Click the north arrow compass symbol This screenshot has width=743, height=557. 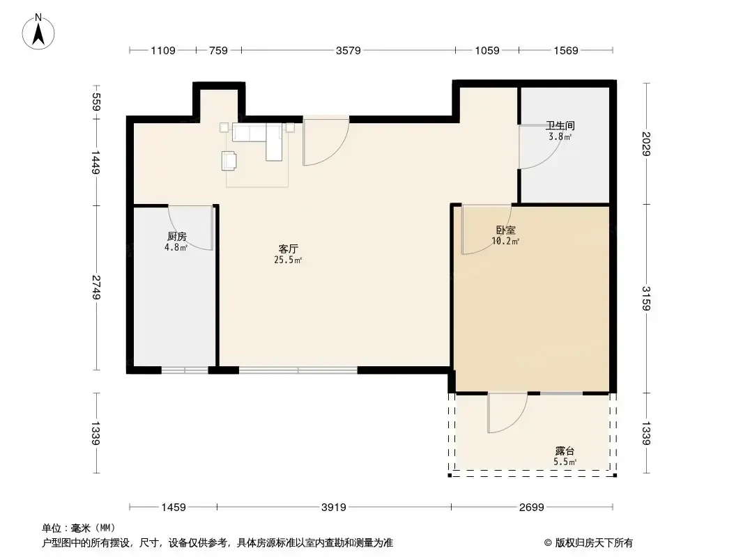[x=38, y=32]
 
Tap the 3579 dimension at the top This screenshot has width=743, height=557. [x=348, y=51]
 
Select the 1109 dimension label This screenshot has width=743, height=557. [x=163, y=51]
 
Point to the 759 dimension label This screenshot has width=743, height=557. [x=218, y=51]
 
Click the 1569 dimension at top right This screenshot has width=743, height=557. [x=566, y=51]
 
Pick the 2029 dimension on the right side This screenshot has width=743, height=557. [x=646, y=144]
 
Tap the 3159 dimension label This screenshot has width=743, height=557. [x=646, y=298]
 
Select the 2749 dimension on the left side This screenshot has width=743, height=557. [x=96, y=288]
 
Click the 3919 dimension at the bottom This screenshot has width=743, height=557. [x=334, y=508]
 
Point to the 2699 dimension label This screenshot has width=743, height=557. [x=532, y=508]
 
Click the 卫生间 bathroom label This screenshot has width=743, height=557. [x=560, y=125]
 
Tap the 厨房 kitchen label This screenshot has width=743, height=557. [x=177, y=236]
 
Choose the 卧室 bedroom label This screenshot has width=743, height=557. [x=505, y=230]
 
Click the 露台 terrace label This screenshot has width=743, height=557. [x=565, y=451]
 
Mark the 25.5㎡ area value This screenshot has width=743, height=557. [x=288, y=260]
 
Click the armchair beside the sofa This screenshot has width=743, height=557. [x=229, y=160]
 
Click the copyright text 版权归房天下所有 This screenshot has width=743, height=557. [x=594, y=543]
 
